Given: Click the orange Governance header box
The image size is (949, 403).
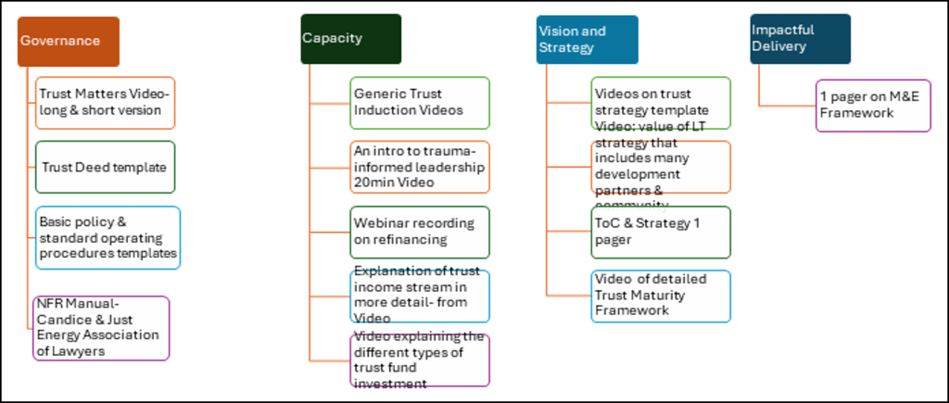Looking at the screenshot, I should [x=69, y=41].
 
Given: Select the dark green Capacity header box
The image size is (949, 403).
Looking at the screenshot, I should [x=350, y=39].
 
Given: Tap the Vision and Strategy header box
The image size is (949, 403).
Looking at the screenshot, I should [x=587, y=39].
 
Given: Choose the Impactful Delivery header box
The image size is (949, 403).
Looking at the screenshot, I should [x=800, y=39].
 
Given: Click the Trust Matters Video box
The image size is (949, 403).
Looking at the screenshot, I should [x=105, y=102].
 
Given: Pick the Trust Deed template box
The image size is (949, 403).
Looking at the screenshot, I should [x=105, y=167].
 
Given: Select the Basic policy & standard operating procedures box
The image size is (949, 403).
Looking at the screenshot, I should [x=108, y=237].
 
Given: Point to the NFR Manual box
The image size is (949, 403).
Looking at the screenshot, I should [x=102, y=327].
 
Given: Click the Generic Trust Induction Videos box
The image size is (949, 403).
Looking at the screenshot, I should [x=420, y=102].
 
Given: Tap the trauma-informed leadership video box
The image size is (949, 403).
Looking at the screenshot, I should [x=420, y=167].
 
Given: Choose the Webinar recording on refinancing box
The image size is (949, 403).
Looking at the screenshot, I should [x=420, y=231].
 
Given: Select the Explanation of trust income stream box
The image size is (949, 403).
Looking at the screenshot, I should [x=420, y=296].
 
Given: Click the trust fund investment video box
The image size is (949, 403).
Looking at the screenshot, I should [x=420, y=359].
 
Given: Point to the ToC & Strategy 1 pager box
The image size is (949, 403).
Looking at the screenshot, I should [x=661, y=231].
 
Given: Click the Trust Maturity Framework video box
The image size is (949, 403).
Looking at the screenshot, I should [x=661, y=295].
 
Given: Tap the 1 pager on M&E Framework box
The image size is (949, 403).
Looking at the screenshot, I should [x=873, y=105].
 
